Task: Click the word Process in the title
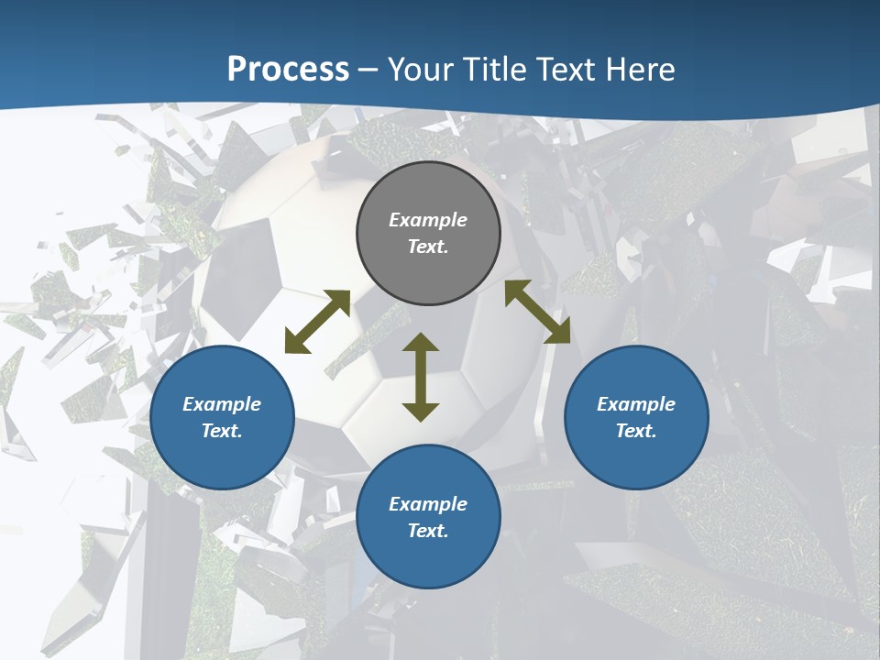(x=288, y=70)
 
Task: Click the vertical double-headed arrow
(x=421, y=377)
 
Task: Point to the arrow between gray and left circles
(x=317, y=322)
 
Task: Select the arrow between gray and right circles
(x=537, y=312)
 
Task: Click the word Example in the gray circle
(x=428, y=220)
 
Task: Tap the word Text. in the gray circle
(x=428, y=247)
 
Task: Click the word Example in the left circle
(x=222, y=404)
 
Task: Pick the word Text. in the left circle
(x=222, y=431)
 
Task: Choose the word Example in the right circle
(x=636, y=404)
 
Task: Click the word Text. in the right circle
(x=636, y=431)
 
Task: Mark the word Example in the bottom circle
(x=428, y=504)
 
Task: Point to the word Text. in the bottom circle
(x=428, y=531)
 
